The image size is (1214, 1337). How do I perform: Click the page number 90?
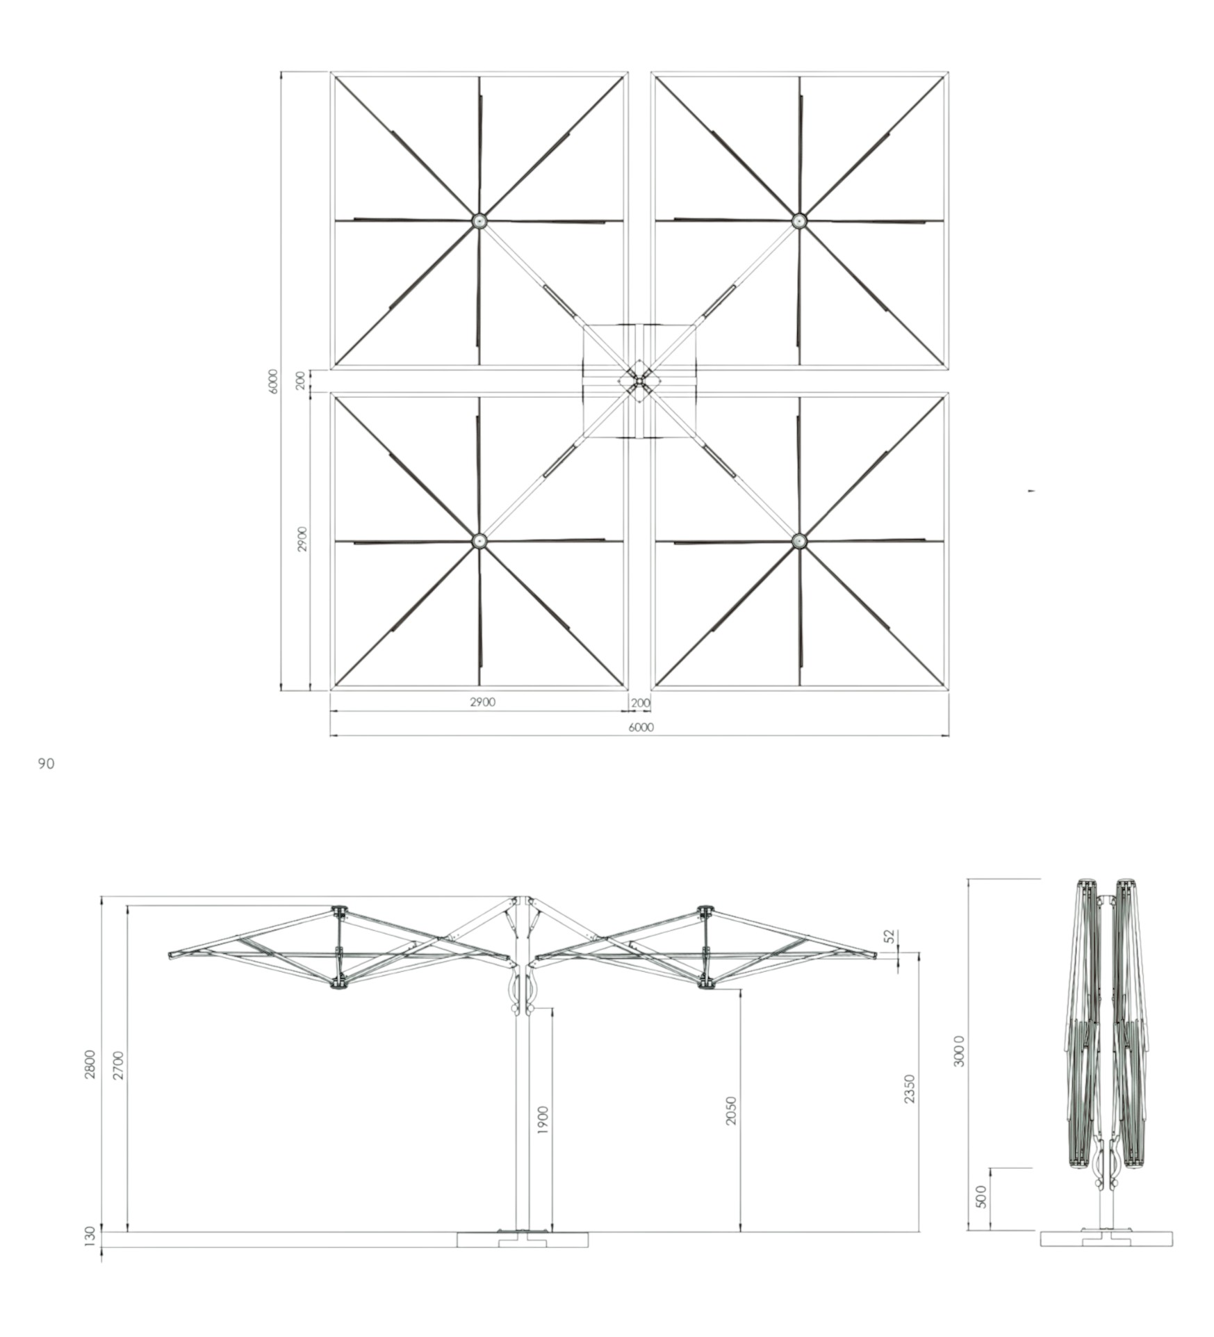[x=46, y=764]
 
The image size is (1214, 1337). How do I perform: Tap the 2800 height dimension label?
[x=90, y=1064]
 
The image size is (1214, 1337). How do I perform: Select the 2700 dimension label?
[x=118, y=1065]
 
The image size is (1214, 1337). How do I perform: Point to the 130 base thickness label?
[x=90, y=1235]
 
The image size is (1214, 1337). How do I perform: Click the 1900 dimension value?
[x=543, y=1120]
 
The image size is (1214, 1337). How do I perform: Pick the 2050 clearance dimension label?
[x=730, y=1111]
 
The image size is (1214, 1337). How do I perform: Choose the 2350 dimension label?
[x=910, y=1089]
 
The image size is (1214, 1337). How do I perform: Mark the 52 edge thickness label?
[x=889, y=937]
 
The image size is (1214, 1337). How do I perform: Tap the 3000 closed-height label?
[x=959, y=1051]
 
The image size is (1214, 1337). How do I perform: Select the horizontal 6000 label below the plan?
[x=641, y=727]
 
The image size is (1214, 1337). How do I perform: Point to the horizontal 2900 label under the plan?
[x=482, y=702]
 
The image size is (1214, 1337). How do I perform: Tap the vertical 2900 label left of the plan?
[x=302, y=539]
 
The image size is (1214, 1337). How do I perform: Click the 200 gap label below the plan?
[x=640, y=703]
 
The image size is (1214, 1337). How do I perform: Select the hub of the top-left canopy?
[x=479, y=221]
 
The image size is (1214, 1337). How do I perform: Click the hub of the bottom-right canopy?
[x=799, y=540]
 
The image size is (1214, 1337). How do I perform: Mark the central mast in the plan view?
[x=639, y=381]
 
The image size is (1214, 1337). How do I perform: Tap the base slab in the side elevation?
[x=522, y=1239]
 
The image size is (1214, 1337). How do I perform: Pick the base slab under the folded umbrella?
[x=1106, y=1238]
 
